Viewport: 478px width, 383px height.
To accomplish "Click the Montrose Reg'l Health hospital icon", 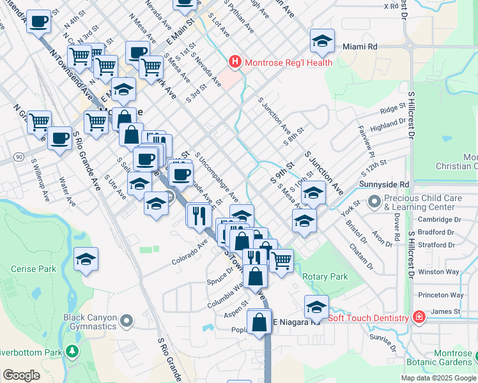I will (x=235, y=63).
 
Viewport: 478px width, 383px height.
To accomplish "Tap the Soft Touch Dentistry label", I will (x=368, y=318).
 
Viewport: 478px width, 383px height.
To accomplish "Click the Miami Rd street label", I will (x=360, y=47).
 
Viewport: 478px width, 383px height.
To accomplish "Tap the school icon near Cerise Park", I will (x=86, y=259).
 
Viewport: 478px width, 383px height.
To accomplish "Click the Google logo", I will (x=22, y=375).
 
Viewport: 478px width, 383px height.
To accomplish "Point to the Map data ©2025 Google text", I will (x=438, y=377).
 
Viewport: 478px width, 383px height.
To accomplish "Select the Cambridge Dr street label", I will (x=438, y=219).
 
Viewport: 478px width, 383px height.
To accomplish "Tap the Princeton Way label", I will (x=440, y=295).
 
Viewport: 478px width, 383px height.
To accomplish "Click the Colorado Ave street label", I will (x=190, y=253).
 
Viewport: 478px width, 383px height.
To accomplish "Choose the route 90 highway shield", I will (x=20, y=157).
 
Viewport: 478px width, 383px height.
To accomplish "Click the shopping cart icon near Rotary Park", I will (x=281, y=260).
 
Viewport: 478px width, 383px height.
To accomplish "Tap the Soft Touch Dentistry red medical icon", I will (x=419, y=317).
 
